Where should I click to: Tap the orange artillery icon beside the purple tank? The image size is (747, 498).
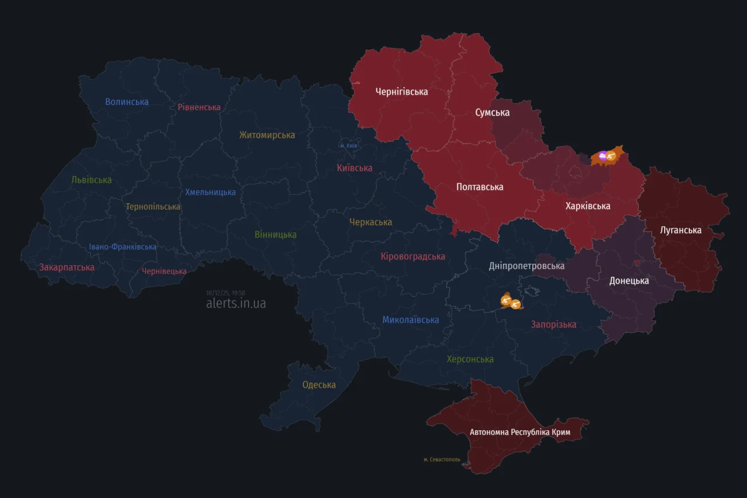(x=610, y=155)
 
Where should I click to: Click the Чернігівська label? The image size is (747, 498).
(x=402, y=92)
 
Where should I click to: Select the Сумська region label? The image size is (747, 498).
(x=492, y=113)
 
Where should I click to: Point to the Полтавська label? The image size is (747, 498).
(x=479, y=187)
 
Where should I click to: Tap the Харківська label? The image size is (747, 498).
(x=588, y=206)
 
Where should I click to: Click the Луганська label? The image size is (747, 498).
(x=680, y=230)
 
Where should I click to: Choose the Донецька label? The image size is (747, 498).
(x=629, y=281)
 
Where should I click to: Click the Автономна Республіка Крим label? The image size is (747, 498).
(x=520, y=432)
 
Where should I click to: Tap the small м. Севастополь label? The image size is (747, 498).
(x=442, y=459)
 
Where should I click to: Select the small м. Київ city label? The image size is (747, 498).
(x=348, y=145)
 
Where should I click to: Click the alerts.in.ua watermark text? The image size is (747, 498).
(x=236, y=304)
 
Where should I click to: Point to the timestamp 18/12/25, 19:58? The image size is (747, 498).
(x=225, y=293)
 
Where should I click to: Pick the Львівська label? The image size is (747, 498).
(x=92, y=180)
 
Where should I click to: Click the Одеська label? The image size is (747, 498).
(x=319, y=385)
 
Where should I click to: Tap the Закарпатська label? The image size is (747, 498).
(x=67, y=267)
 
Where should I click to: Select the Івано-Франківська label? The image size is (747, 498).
(x=123, y=247)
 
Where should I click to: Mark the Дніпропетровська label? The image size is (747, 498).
(x=526, y=266)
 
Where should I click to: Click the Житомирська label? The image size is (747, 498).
(x=267, y=135)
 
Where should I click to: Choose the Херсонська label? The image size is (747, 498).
(x=470, y=359)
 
